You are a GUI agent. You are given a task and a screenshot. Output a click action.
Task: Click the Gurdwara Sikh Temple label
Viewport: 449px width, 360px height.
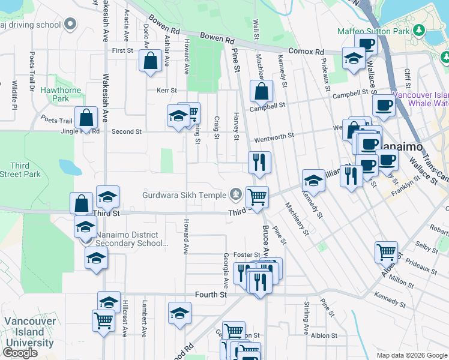pos(184,194)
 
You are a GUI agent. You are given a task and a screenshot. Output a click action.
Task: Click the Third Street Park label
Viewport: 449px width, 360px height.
pos(20,170)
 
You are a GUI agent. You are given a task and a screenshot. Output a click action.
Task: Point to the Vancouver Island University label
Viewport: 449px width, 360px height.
pos(30,332)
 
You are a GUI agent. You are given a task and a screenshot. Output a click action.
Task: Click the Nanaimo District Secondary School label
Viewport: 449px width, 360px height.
pos(129,239)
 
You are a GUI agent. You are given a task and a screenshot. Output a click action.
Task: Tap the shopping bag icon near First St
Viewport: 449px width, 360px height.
pos(149,60)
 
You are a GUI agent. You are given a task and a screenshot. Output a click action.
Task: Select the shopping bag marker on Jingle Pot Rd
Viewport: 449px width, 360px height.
pos(86,117)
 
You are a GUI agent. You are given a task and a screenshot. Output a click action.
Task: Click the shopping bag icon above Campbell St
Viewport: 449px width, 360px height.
pos(261,92)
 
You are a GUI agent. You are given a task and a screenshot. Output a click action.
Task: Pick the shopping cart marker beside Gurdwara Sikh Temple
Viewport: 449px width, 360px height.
pos(257,196)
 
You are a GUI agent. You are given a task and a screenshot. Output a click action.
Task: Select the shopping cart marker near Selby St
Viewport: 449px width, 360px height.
pos(387,251)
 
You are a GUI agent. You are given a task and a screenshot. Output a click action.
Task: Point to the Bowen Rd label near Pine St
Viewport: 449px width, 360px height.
pos(217,38)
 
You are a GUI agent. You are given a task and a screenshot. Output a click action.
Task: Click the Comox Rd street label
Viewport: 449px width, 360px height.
pos(310,52)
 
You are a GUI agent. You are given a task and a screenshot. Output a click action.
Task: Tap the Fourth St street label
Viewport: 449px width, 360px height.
pos(211,295)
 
